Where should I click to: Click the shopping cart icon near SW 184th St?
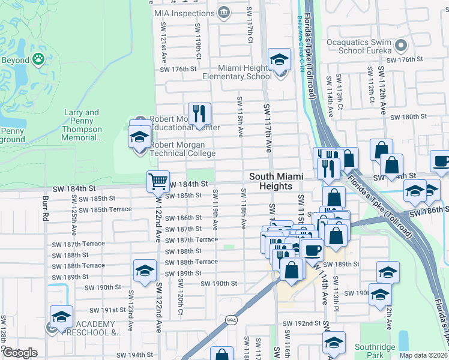[x=157, y=181]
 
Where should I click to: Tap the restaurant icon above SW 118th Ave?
[x=199, y=113]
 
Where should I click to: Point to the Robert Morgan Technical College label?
[x=182, y=149]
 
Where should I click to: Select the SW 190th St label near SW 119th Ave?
[x=219, y=283]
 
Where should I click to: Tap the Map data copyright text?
[x=424, y=355]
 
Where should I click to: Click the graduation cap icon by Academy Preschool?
[x=61, y=317]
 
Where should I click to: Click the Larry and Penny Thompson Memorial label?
[x=82, y=125]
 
